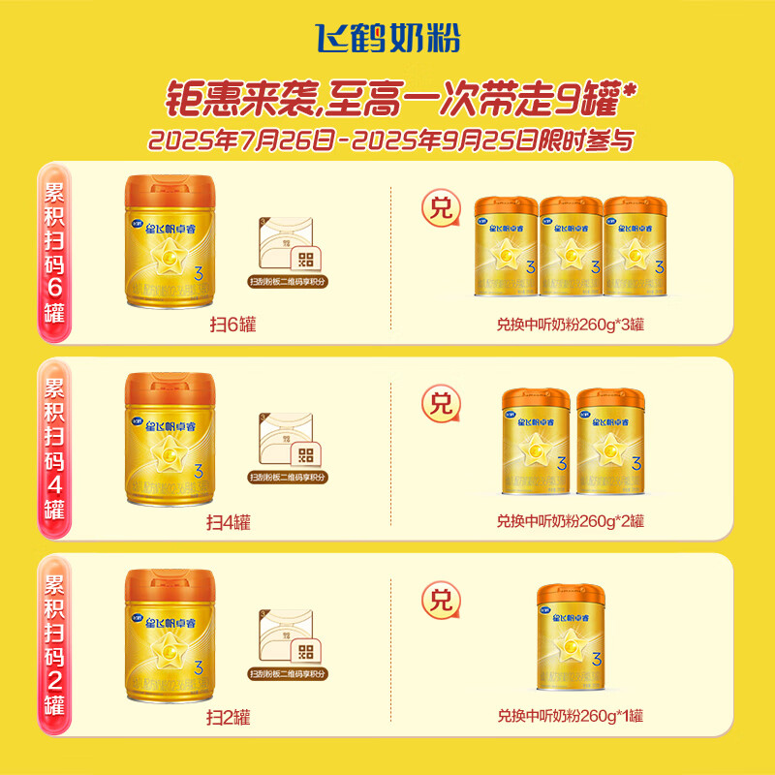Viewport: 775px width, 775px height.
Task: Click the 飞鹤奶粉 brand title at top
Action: pyautogui.click(x=387, y=38)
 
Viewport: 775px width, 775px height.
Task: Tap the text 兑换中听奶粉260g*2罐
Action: pyautogui.click(x=571, y=521)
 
